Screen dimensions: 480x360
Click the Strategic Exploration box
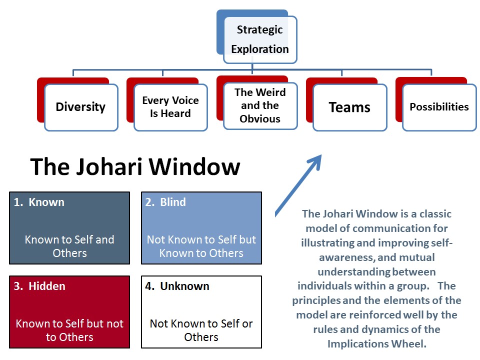(260, 40)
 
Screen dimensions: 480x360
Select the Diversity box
(81, 107)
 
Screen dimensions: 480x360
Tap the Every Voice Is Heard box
(171, 107)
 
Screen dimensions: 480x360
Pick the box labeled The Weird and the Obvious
(260, 106)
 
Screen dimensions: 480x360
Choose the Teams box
(350, 107)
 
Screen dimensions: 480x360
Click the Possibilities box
(439, 107)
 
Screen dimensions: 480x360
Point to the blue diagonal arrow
(298, 186)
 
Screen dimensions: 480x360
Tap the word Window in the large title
(194, 167)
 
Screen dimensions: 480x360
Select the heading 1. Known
(39, 202)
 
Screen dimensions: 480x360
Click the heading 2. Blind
(165, 202)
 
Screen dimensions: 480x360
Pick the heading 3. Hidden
(39, 286)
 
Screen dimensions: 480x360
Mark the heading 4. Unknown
(177, 286)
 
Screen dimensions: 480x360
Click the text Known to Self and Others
(69, 246)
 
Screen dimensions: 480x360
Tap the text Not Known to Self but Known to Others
(201, 246)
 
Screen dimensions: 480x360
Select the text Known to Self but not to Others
(69, 330)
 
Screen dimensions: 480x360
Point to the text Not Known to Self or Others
(201, 330)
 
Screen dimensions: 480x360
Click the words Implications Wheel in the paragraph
(377, 344)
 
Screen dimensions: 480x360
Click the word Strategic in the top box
(260, 30)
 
